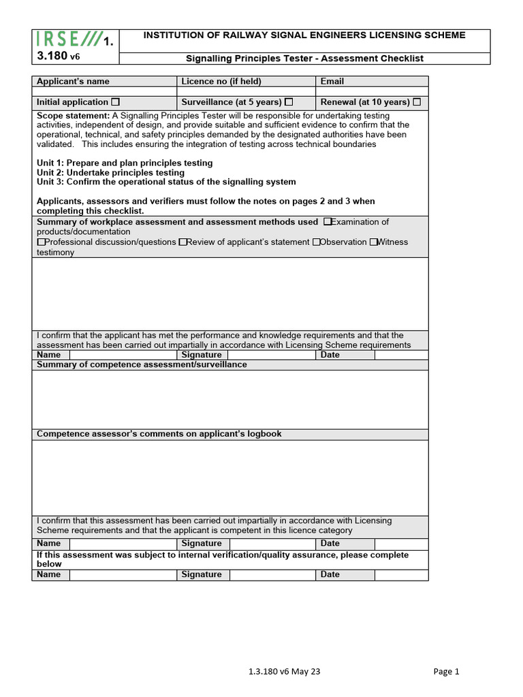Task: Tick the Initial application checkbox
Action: tap(115, 102)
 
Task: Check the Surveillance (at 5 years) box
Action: tap(289, 102)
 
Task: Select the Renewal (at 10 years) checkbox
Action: tap(417, 102)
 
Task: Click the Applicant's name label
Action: tap(73, 82)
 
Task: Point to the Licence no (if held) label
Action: tap(221, 82)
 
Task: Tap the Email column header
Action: tap(332, 82)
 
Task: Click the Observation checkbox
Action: tap(316, 242)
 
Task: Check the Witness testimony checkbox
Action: tap(373, 242)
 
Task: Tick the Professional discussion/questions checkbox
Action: tap(41, 242)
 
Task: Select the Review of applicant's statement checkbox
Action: tap(183, 242)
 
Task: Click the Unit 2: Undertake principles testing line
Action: tap(110, 173)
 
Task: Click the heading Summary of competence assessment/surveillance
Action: tap(142, 365)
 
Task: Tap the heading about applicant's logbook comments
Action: tap(159, 434)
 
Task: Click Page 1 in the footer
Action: tap(446, 672)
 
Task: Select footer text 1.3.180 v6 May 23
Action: tap(284, 672)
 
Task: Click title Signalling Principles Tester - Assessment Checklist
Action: tap(305, 59)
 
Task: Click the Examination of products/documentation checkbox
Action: tap(328, 222)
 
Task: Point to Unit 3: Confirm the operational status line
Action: tap(166, 182)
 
